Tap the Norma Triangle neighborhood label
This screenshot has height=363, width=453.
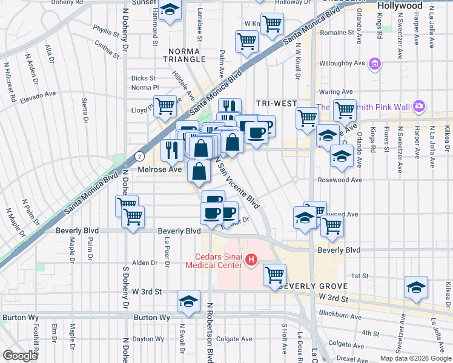[x=183, y=55]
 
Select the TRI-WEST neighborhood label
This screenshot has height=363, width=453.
[x=270, y=103]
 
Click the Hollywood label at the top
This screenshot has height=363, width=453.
[x=399, y=5]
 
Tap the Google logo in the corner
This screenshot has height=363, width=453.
[x=21, y=356]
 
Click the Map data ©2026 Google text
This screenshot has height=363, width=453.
[x=415, y=358]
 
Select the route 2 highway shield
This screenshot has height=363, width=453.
[x=140, y=155]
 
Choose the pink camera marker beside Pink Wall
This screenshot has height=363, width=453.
[x=419, y=107]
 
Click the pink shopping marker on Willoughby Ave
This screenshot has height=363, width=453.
[x=375, y=63]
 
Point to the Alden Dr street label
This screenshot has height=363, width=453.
[x=145, y=263]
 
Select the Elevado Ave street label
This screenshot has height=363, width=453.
[x=38, y=96]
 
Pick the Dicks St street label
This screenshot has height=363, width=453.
[x=144, y=78]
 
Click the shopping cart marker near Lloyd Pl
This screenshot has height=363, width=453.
[x=165, y=106]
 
